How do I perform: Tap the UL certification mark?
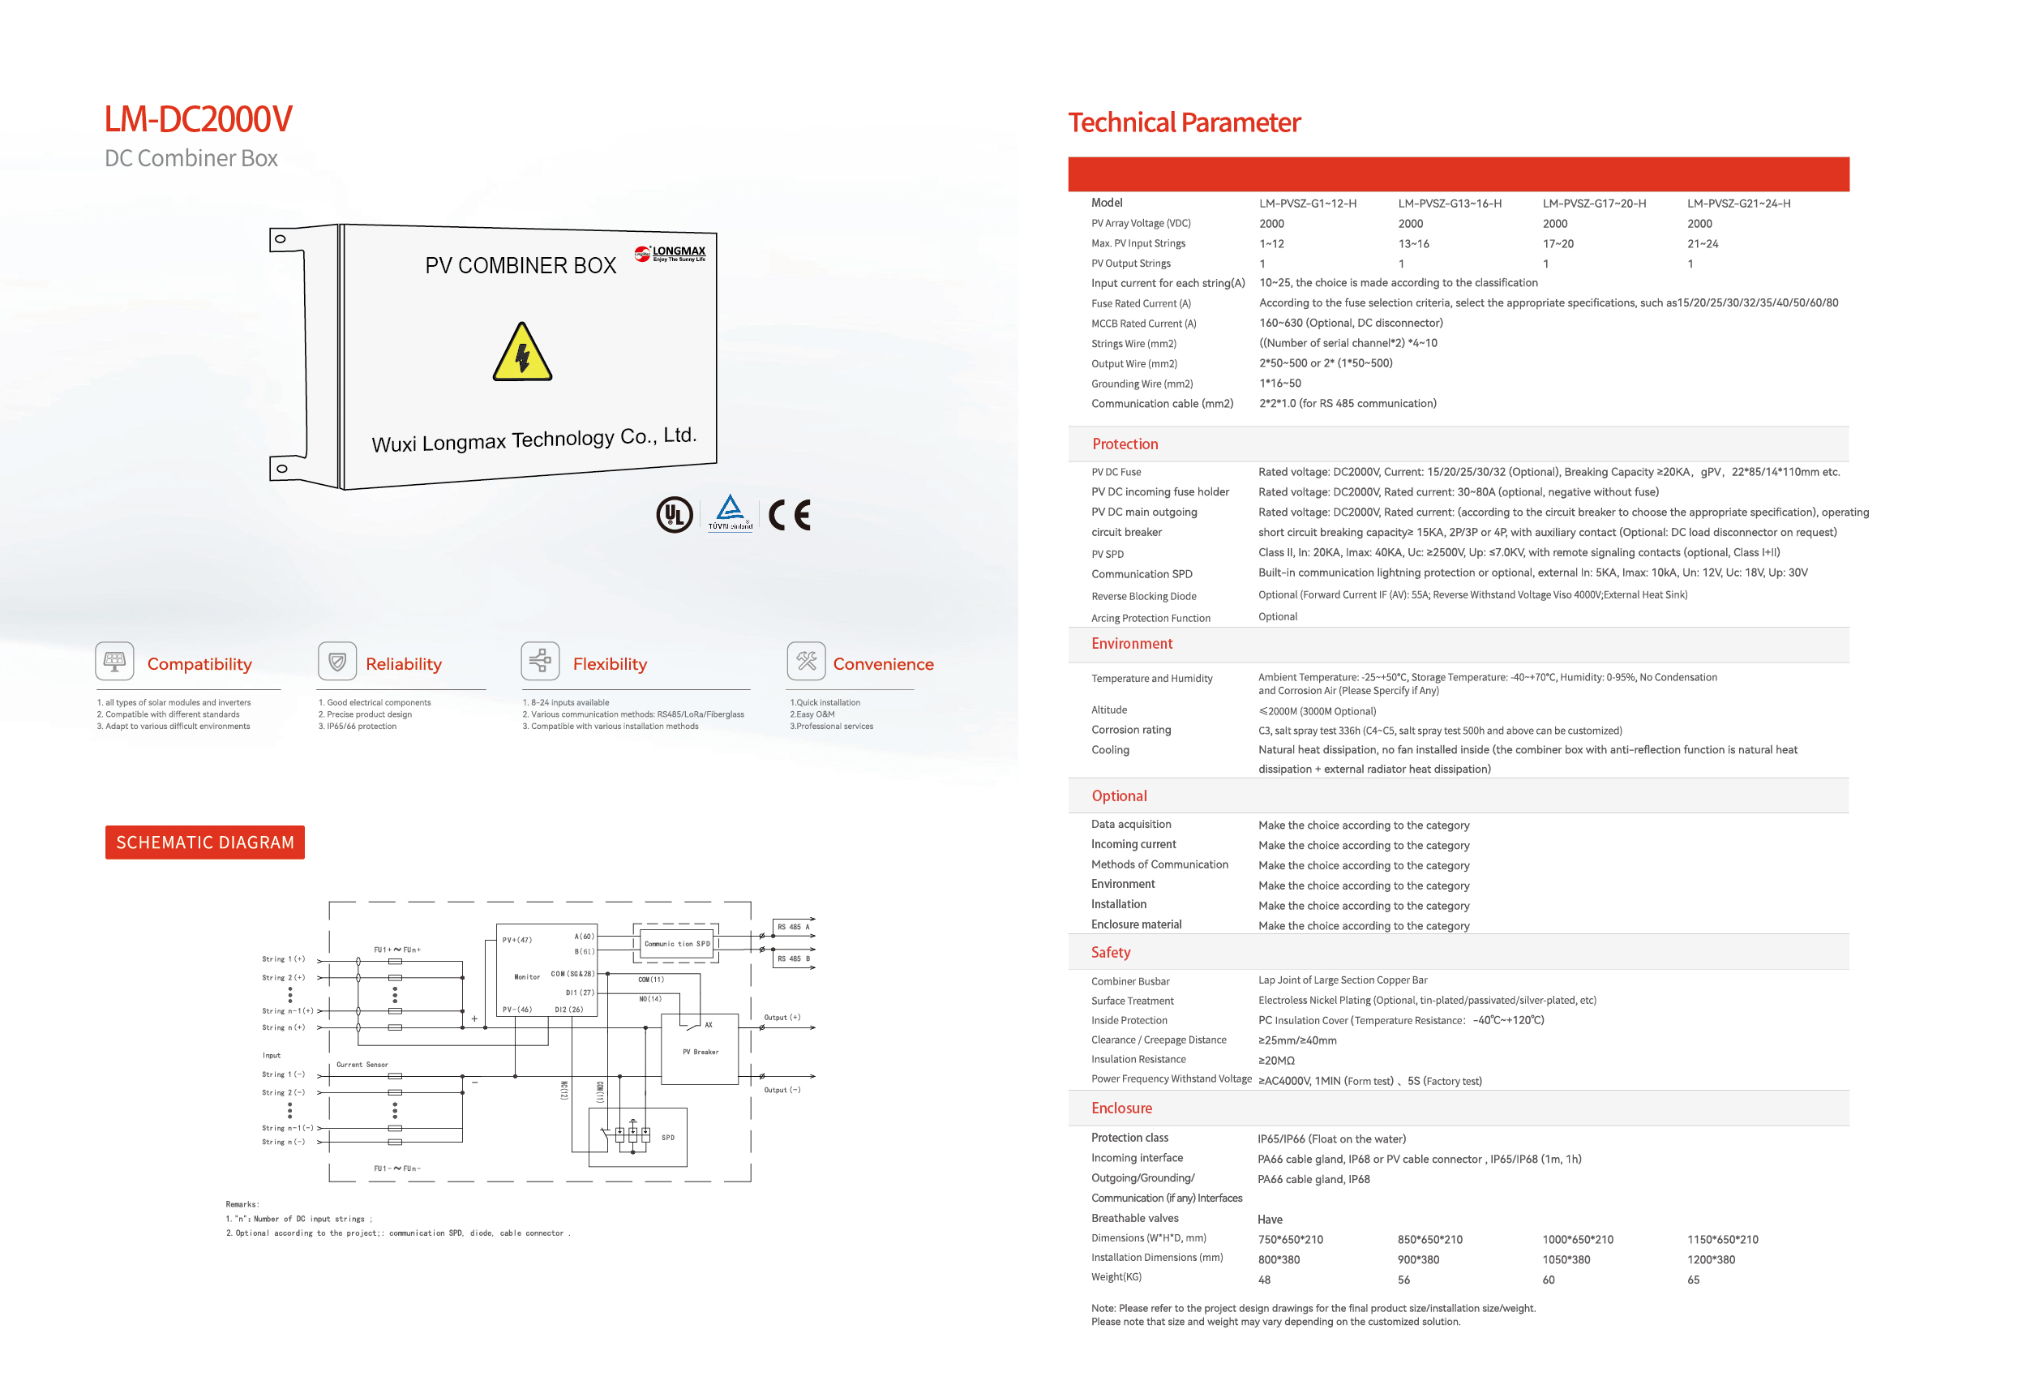click(674, 515)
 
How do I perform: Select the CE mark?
click(789, 515)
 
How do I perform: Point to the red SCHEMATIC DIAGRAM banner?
click(204, 843)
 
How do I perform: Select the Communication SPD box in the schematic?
click(676, 944)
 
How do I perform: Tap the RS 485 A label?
click(794, 926)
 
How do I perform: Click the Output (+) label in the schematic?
click(782, 1017)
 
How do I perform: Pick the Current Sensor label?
click(362, 1065)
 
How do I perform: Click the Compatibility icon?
click(114, 661)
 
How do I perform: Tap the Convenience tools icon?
click(806, 661)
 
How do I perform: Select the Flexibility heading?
click(610, 664)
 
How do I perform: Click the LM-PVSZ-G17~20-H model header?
click(1594, 204)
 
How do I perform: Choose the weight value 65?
click(1693, 1280)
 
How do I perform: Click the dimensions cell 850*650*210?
click(1429, 1239)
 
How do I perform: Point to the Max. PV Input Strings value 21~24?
click(1703, 244)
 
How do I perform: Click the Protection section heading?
click(1125, 444)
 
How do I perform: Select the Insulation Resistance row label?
click(1138, 1059)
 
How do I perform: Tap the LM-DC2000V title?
click(199, 119)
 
